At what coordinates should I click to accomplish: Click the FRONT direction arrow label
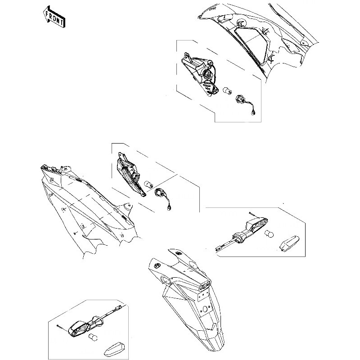tap(54, 17)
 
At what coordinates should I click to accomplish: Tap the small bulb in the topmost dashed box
tap(227, 90)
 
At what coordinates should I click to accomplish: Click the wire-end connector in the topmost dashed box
tap(253, 113)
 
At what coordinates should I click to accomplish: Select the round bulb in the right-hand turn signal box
tap(269, 234)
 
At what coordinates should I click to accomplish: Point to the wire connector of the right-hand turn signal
tap(219, 248)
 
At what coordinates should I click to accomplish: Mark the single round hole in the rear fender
tap(205, 309)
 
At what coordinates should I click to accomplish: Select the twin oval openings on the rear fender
tap(205, 285)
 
